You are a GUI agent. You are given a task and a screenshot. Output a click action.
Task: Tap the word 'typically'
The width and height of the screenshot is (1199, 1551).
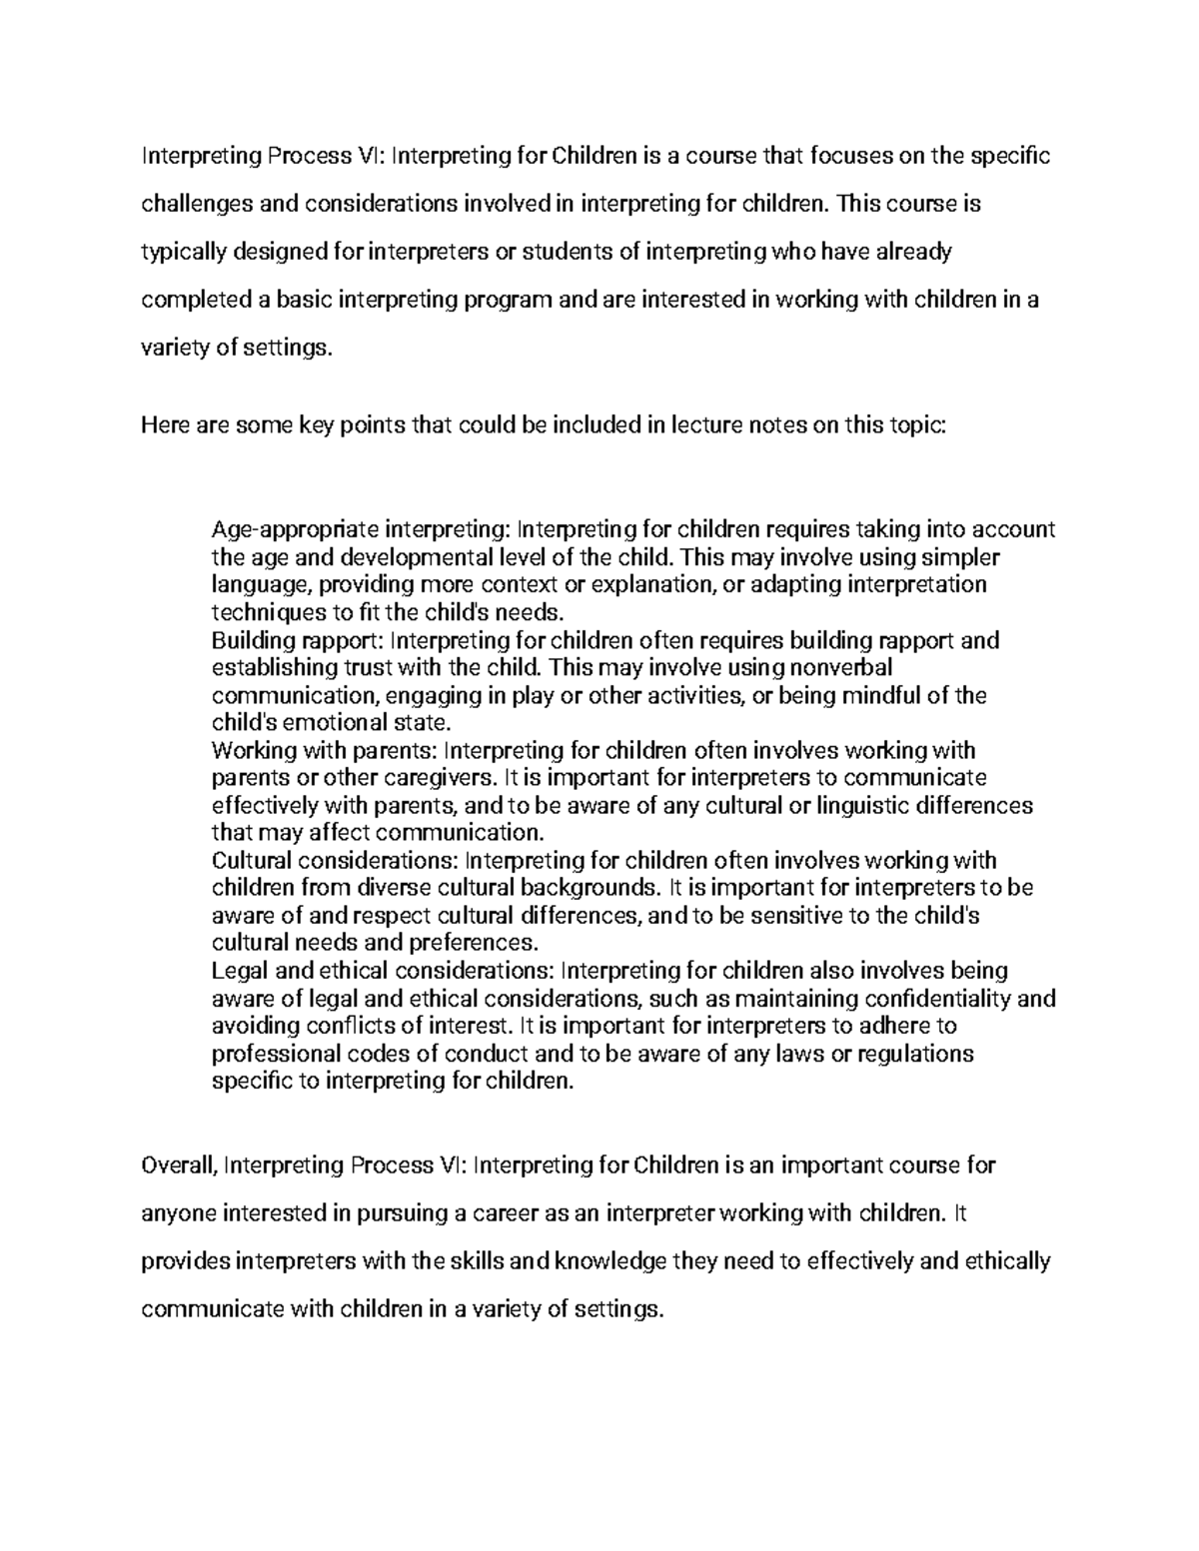(184, 253)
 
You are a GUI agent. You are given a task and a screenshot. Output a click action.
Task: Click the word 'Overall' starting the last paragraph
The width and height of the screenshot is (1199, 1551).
(180, 1165)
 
